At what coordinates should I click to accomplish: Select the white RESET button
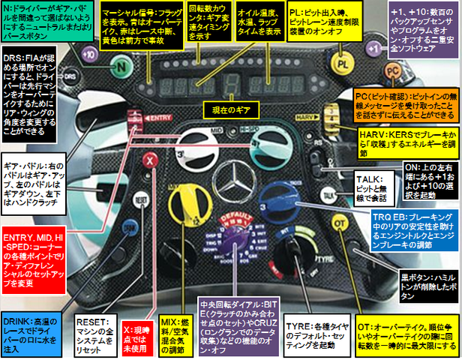[139, 200]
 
